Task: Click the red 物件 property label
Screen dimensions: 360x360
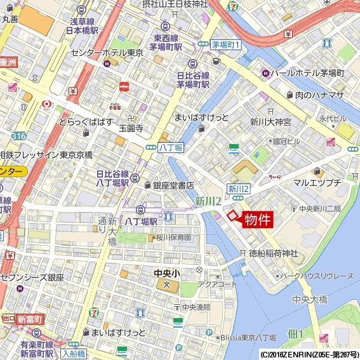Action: [x=257, y=220]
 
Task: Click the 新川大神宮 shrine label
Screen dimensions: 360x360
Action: [x=270, y=121]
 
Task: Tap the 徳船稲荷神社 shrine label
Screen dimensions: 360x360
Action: [x=273, y=253]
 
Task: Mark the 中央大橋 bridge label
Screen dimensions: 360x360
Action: [x=310, y=299]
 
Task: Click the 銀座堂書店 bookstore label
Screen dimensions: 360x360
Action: [x=173, y=185]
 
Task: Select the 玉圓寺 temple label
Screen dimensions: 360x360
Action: [x=131, y=128]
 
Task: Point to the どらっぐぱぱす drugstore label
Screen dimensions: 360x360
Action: [x=86, y=121]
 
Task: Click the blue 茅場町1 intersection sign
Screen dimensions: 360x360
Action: [x=227, y=45]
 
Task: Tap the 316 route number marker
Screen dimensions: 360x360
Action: [x=18, y=136]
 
